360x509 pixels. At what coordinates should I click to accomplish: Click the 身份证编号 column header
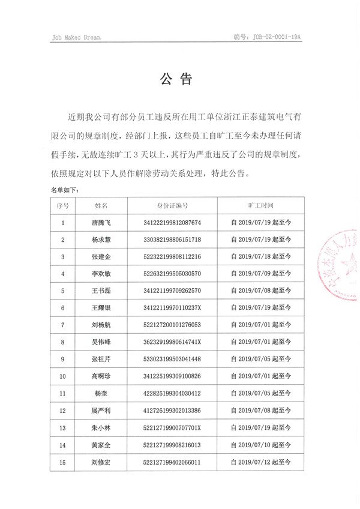pyautogui.click(x=173, y=205)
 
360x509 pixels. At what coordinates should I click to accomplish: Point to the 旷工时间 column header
pyautogui.click(x=260, y=205)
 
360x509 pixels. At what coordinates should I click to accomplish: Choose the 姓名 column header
pyautogui.click(x=100, y=205)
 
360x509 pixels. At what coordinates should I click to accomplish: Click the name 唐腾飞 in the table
pyautogui.click(x=100, y=223)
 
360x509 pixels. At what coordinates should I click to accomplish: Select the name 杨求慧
pyautogui.click(x=100, y=239)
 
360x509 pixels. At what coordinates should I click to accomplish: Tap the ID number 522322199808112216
pyautogui.click(x=173, y=257)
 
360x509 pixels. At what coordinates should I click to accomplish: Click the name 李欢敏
pyautogui.click(x=100, y=274)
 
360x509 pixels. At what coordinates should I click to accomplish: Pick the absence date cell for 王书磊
pyautogui.click(x=260, y=291)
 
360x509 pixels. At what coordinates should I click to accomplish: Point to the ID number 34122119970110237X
pyautogui.click(x=173, y=308)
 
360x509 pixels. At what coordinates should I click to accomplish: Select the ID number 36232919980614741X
pyautogui.click(x=173, y=342)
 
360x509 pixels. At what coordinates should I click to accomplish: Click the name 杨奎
pyautogui.click(x=100, y=394)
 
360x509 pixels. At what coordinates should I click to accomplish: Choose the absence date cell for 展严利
pyautogui.click(x=260, y=411)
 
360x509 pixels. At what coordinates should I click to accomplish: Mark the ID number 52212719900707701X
pyautogui.click(x=173, y=428)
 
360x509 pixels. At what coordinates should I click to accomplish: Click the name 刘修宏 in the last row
pyautogui.click(x=100, y=462)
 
